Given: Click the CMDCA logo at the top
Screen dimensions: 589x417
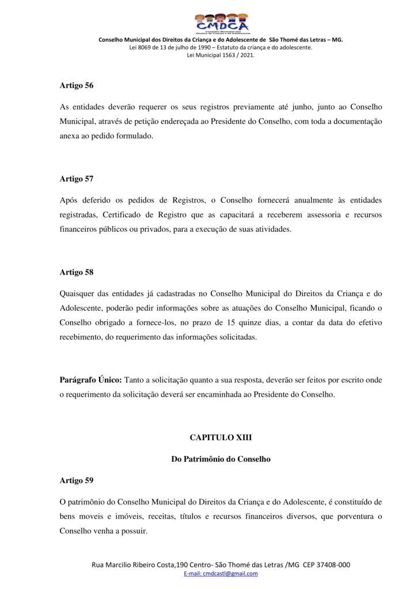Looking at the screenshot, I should (x=221, y=24).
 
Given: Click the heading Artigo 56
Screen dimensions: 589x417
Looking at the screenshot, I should (x=76, y=85).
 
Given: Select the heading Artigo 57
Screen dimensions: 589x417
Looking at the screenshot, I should (x=76, y=178).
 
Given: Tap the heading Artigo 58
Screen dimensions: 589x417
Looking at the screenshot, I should (x=76, y=272).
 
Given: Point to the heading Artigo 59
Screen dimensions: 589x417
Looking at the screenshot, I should (x=76, y=480).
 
